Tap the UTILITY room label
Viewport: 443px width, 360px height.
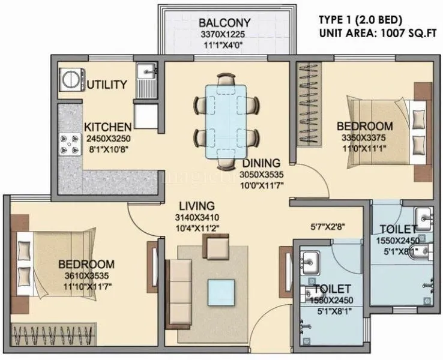coord(107,85)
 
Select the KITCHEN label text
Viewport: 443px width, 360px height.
coord(107,127)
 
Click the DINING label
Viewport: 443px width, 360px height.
coord(261,163)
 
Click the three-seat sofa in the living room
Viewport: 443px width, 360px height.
coord(178,290)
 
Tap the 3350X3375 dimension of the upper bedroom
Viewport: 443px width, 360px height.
coord(364,137)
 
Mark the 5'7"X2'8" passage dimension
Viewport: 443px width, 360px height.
coord(327,226)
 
